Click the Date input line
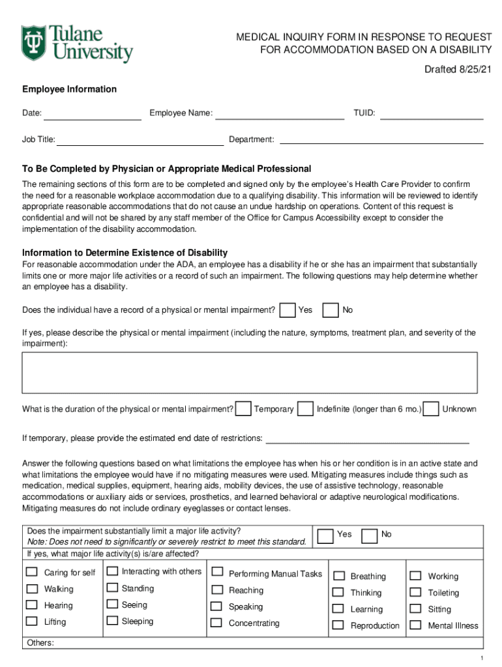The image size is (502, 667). point(93,115)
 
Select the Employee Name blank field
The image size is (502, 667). point(280,115)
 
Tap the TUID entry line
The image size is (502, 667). point(432,115)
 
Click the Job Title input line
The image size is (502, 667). point(140,141)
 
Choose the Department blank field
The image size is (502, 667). point(381,141)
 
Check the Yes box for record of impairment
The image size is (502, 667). point(287,311)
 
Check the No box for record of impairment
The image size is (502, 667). point(331,311)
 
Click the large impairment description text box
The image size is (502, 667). point(250,373)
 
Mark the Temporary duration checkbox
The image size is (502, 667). point(244,409)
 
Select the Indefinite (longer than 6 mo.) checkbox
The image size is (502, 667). point(305,409)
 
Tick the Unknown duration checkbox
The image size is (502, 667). point(430,409)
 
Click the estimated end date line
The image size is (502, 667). point(368,439)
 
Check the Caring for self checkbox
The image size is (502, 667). point(31,573)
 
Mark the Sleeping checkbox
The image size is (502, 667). point(112,621)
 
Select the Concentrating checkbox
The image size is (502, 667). point(216,623)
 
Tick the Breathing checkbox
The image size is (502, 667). point(338,576)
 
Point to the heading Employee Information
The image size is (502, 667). point(70,89)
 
